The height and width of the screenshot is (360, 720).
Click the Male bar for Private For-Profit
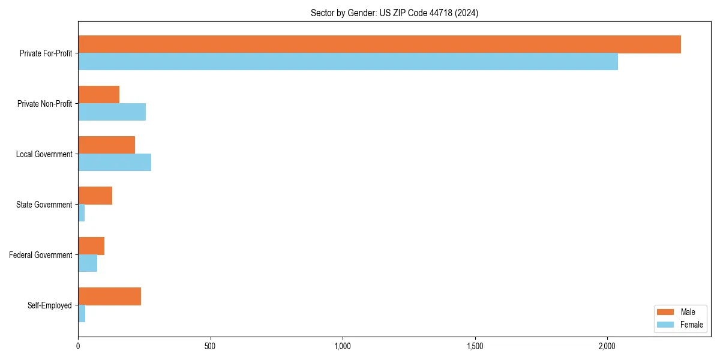point(379,44)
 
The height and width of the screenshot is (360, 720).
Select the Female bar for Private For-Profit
point(348,62)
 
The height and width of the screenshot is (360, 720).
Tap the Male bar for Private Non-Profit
point(98,95)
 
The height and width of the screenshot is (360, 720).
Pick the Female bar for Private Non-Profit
point(112,112)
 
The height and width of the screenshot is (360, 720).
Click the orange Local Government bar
point(106,145)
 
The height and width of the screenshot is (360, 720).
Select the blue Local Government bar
point(115,163)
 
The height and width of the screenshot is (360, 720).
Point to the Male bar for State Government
point(95,196)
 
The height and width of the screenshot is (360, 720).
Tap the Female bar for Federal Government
point(88,263)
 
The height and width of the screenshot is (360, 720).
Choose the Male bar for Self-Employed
point(109,296)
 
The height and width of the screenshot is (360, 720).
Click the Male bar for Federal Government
point(91,246)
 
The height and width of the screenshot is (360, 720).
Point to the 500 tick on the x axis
point(210,346)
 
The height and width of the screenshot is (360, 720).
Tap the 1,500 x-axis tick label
point(475,346)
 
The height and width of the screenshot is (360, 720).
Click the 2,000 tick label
point(607,346)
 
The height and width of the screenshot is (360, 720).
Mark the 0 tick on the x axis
point(78,346)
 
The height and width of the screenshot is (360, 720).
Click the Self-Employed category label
point(50,305)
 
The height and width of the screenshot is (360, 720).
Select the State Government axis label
point(44,205)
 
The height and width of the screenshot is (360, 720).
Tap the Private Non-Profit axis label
point(44,104)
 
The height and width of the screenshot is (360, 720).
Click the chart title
point(394,13)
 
